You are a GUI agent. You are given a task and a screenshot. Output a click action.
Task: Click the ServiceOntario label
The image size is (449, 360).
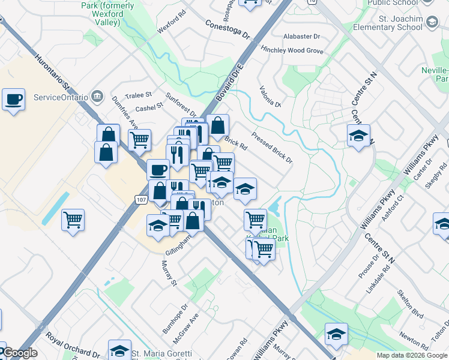[x=60, y=97]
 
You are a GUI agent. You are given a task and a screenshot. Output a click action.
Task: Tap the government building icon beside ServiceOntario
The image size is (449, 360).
[x=96, y=97]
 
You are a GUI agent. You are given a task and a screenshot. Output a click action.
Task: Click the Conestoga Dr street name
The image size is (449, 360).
[x=227, y=28]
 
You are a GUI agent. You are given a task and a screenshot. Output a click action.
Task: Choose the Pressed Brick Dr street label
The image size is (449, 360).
[x=272, y=148]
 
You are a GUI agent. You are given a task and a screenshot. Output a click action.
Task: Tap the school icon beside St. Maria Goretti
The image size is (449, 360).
[x=119, y=349]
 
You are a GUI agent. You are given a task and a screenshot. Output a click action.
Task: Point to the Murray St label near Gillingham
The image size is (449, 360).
[x=170, y=273]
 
